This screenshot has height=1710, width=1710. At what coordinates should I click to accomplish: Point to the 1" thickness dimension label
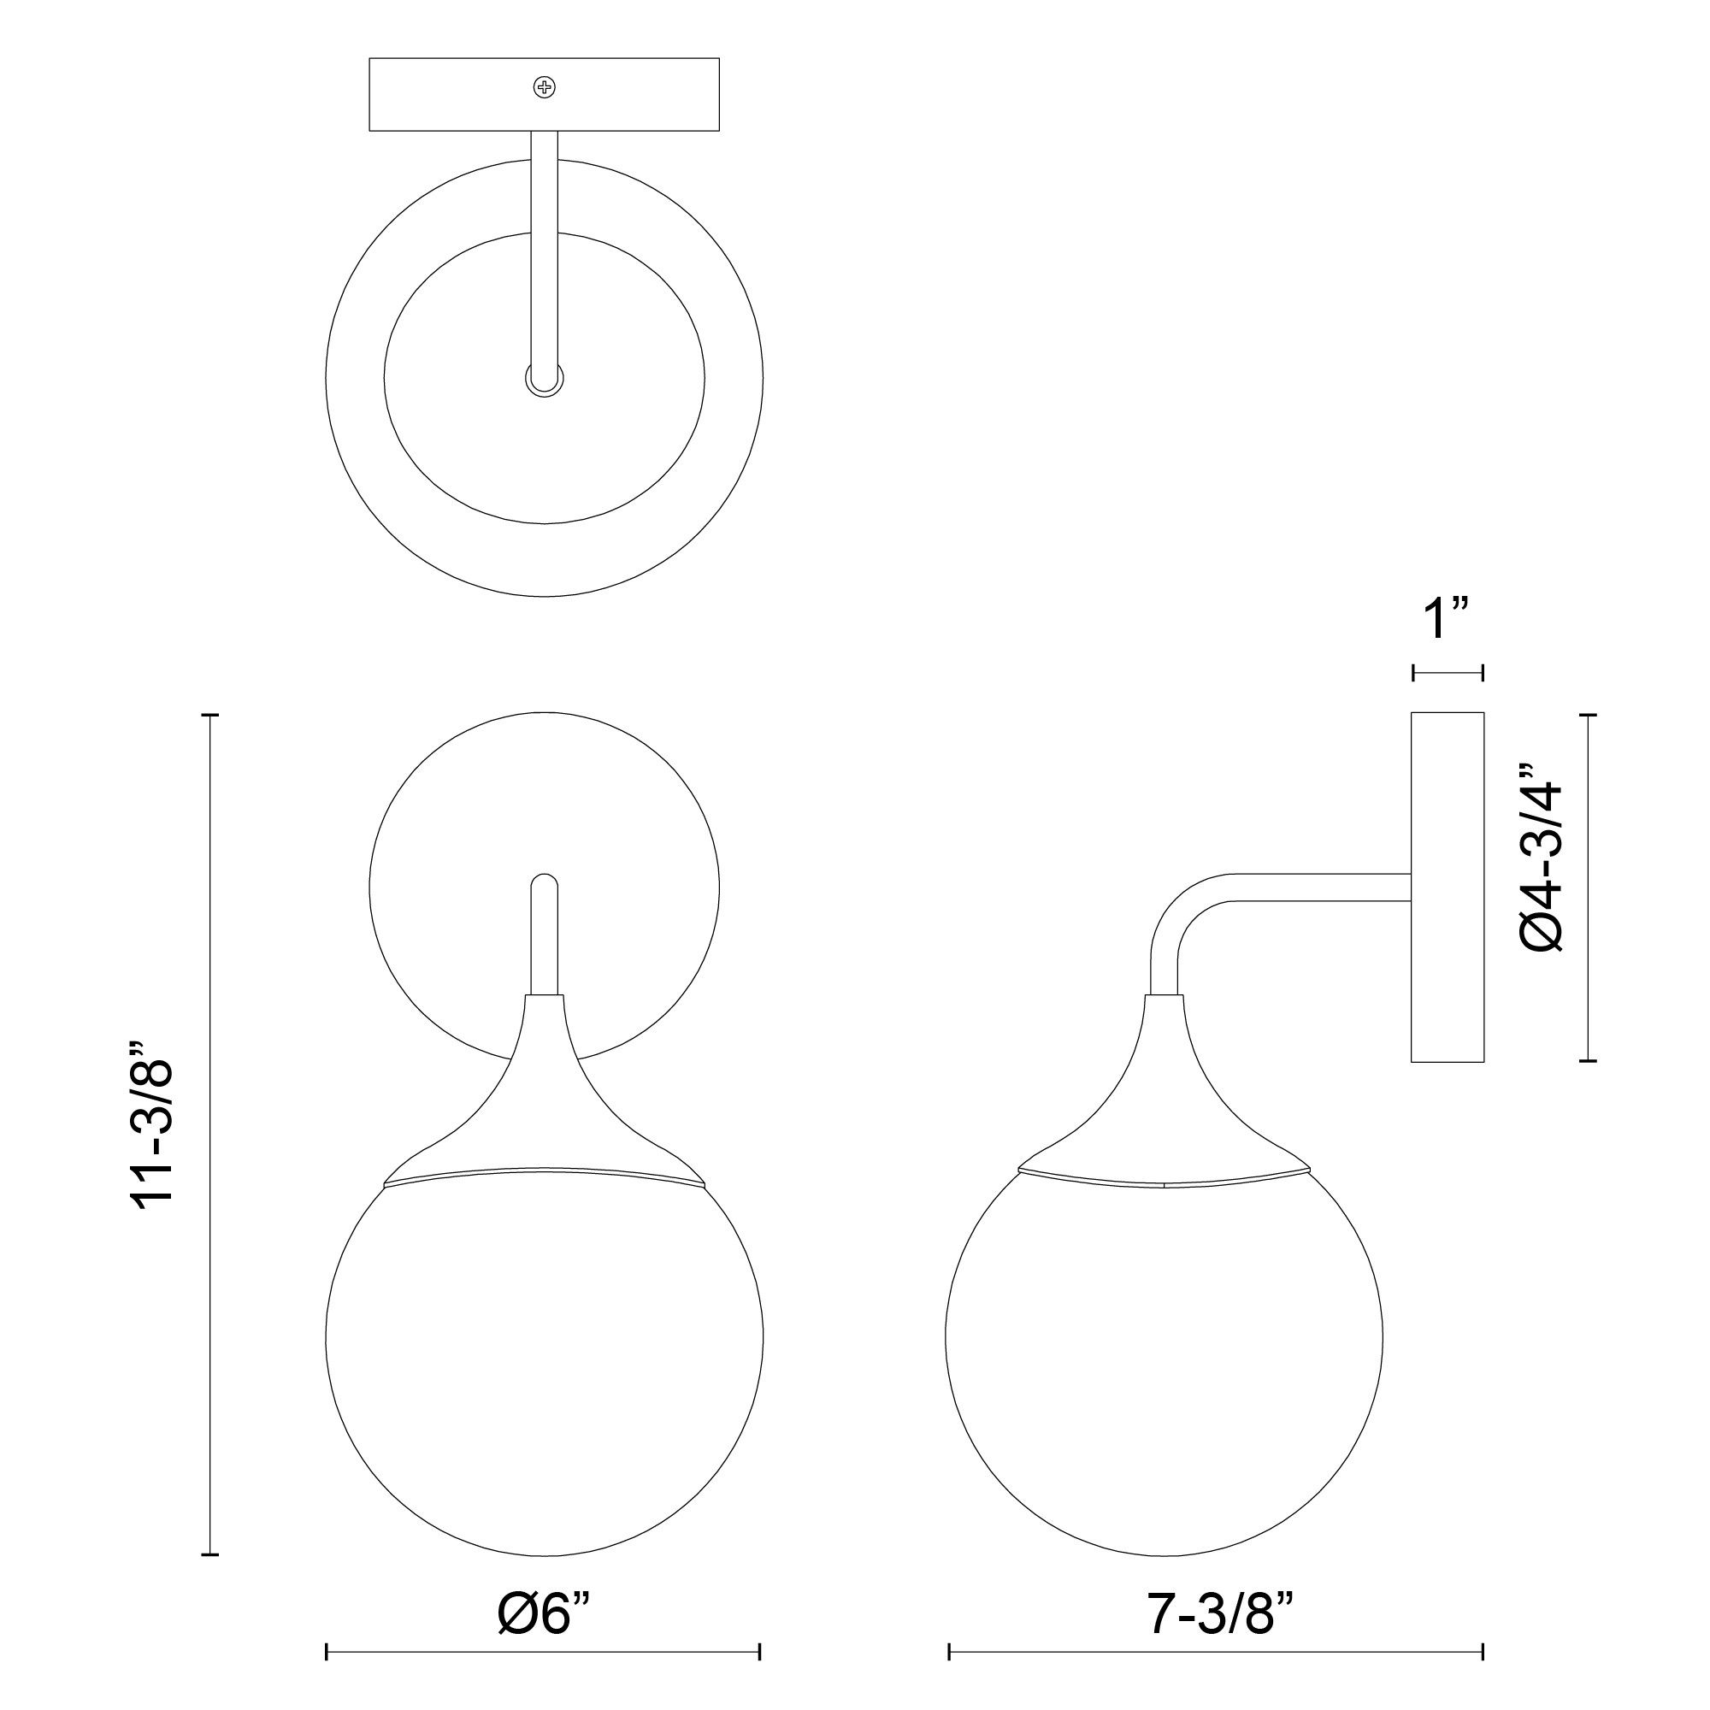(1447, 619)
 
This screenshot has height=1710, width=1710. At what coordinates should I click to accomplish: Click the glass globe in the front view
(545, 1363)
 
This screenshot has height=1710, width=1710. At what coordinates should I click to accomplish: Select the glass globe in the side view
(1164, 1363)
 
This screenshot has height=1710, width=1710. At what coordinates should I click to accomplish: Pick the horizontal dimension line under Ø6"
(544, 1652)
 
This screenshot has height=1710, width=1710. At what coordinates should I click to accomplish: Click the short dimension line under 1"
(1448, 674)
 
